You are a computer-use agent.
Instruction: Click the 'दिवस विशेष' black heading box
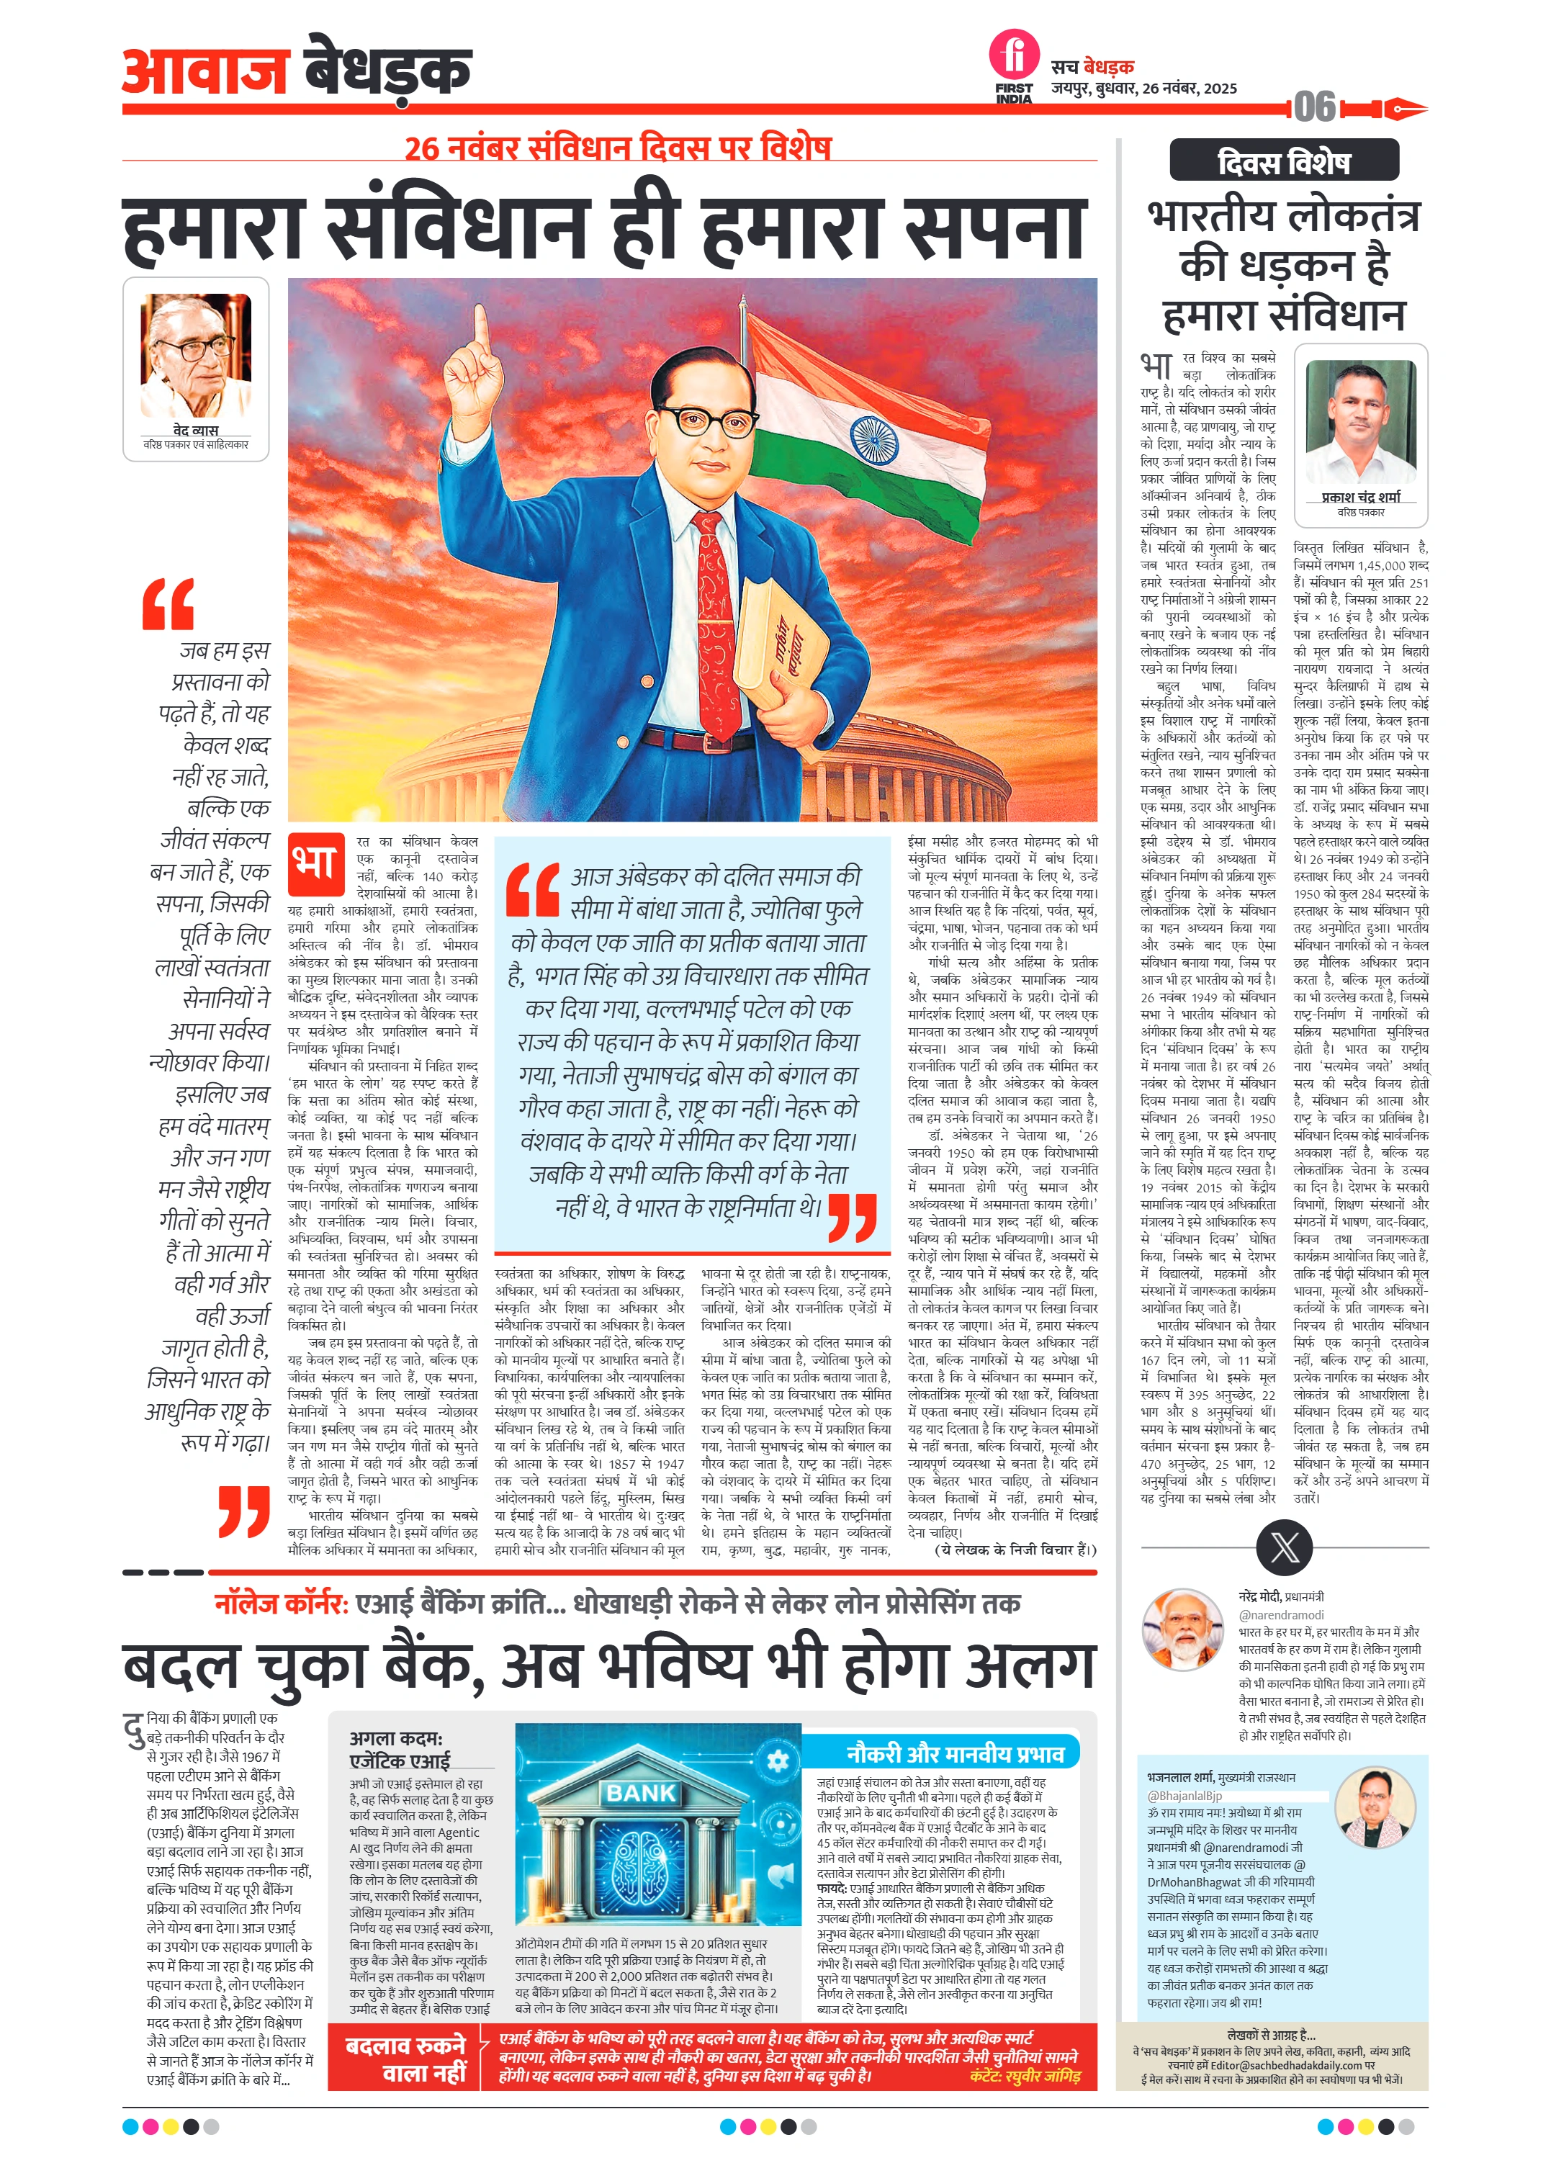click(x=1284, y=161)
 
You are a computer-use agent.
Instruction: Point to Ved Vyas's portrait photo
click(x=196, y=355)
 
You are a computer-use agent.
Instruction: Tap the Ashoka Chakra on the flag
click(x=873, y=439)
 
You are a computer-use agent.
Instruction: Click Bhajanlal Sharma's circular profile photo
click(x=1375, y=1807)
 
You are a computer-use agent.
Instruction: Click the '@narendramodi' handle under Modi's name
click(x=1281, y=1614)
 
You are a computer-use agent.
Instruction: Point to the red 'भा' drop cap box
click(x=315, y=863)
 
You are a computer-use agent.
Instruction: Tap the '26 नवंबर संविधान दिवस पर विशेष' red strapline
click(x=617, y=148)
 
